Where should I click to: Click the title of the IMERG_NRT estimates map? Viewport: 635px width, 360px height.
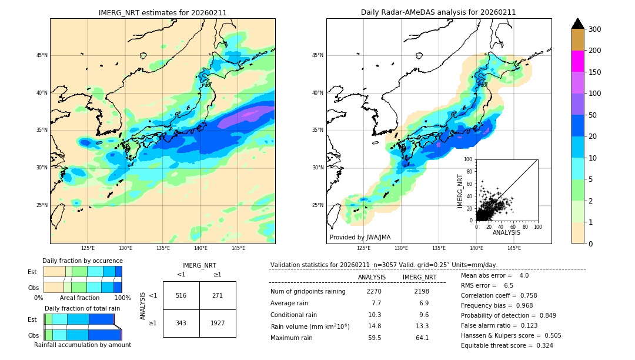pyautogui.click(x=162, y=12)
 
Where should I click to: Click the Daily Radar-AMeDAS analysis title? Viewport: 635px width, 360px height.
pyautogui.click(x=439, y=12)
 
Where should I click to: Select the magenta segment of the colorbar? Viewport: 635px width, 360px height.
pyautogui.click(x=578, y=61)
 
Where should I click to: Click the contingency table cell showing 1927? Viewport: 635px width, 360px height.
pyautogui.click(x=217, y=323)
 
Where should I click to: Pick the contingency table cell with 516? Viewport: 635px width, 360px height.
pyautogui.click(x=181, y=295)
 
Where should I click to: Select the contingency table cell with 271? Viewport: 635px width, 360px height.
pyautogui.click(x=217, y=295)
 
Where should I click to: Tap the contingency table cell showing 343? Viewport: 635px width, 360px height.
pyautogui.click(x=181, y=323)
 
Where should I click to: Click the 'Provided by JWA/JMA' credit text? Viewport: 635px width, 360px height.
pyautogui.click(x=360, y=237)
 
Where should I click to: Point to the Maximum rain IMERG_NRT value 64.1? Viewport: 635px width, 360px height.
pyautogui.click(x=422, y=338)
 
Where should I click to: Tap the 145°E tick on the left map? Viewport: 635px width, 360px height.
pyautogui.click(x=238, y=249)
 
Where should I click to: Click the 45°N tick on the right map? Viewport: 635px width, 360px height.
pyautogui.click(x=317, y=55)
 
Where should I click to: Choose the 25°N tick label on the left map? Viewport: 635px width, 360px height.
pyautogui.click(x=41, y=205)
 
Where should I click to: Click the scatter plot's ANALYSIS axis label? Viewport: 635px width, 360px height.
pyautogui.click(x=506, y=232)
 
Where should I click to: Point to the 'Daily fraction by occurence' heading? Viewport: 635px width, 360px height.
pyautogui.click(x=82, y=261)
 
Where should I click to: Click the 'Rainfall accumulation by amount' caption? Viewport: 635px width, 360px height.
pyautogui.click(x=82, y=345)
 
